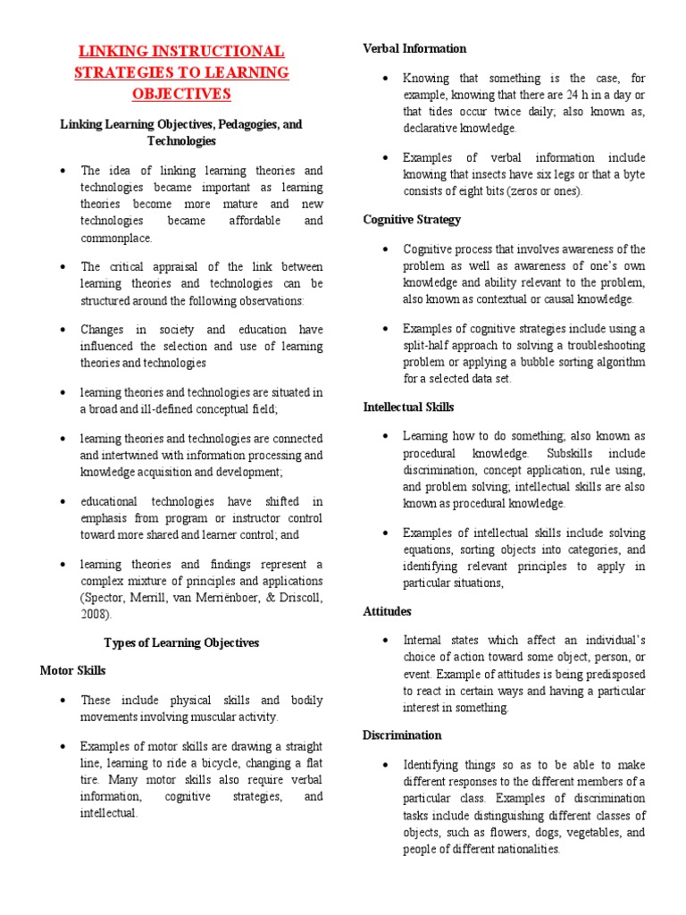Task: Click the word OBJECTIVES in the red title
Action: coord(181,94)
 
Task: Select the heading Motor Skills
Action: coord(73,669)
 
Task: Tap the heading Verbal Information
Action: coord(414,48)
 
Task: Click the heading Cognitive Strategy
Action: coord(412,219)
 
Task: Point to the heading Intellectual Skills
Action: coord(408,407)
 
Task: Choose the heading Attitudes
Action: coord(387,611)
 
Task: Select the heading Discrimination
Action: coord(402,735)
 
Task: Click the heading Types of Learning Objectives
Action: coord(181,642)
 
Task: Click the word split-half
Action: coord(430,345)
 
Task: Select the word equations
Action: coord(431,549)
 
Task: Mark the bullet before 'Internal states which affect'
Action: coord(384,641)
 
